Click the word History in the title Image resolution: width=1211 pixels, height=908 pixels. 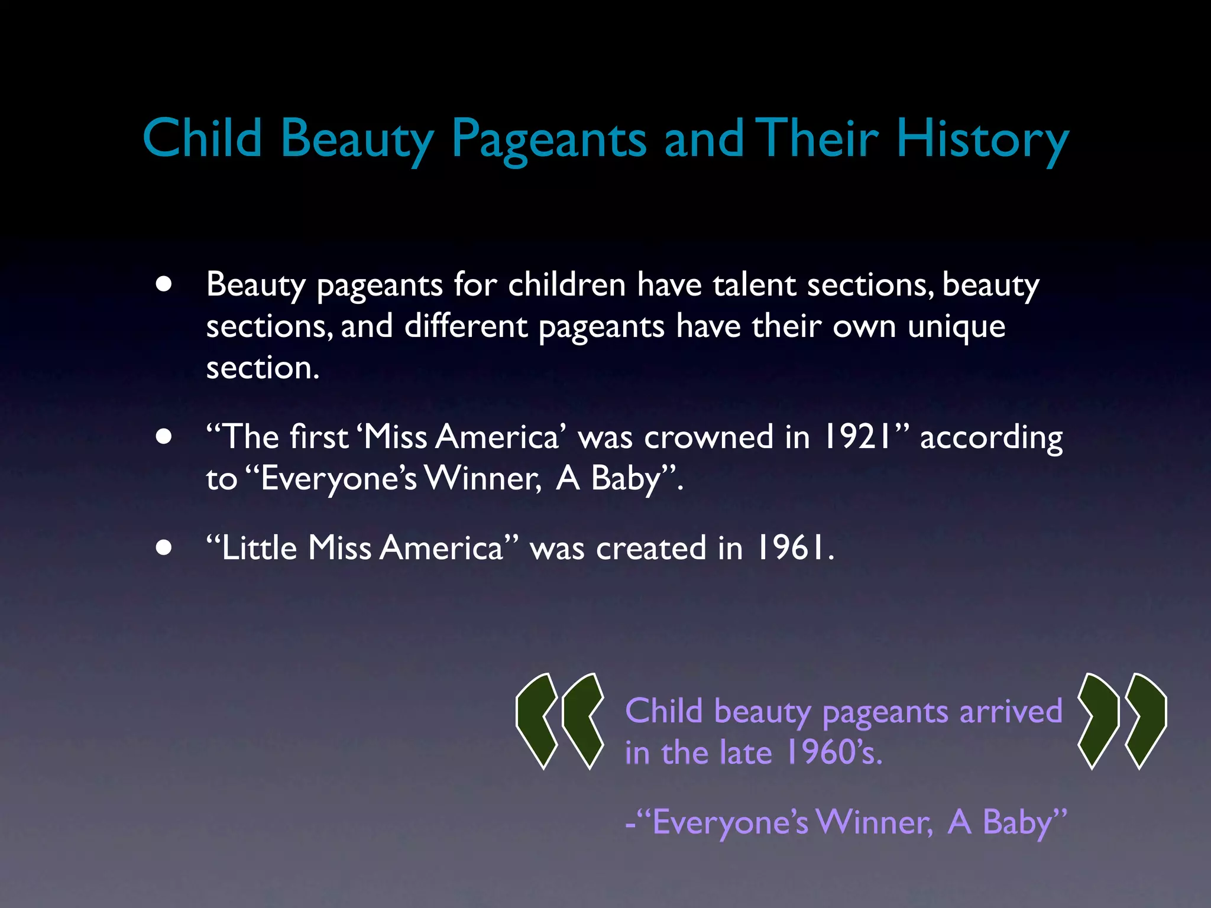tap(982, 139)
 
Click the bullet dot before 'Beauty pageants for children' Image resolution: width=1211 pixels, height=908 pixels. tap(164, 284)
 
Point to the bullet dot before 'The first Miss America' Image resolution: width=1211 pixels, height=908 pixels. tap(164, 437)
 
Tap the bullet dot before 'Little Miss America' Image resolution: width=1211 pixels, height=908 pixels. tap(164, 547)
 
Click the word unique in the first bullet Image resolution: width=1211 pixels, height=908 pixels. tap(956, 326)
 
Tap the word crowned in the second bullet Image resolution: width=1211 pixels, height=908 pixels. tap(708, 437)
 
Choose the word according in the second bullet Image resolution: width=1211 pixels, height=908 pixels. tap(991, 438)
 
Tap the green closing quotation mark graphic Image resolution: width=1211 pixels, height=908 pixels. tap(1122, 721)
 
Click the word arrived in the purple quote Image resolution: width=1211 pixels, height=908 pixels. tap(1011, 711)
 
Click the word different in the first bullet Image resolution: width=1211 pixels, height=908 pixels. tap(465, 326)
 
